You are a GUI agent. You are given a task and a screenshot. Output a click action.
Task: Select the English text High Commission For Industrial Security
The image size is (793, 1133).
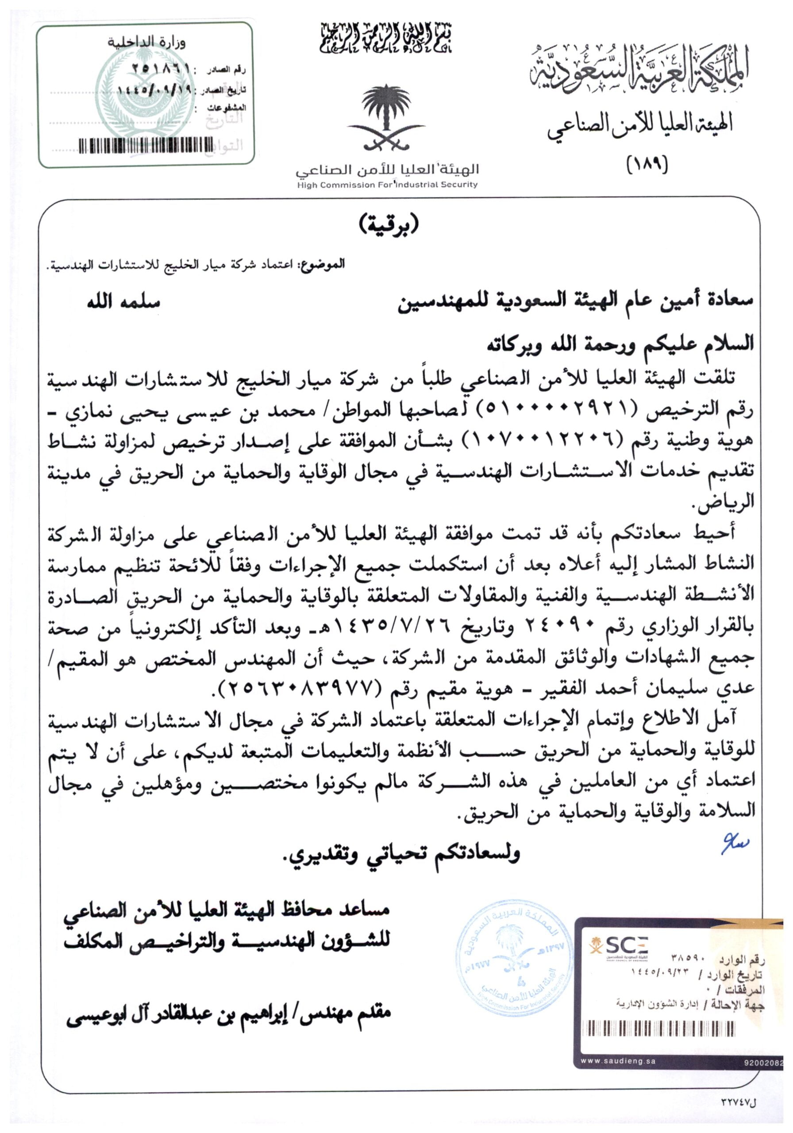[387, 185]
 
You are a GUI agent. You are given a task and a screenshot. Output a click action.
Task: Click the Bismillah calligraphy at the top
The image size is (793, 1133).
[386, 39]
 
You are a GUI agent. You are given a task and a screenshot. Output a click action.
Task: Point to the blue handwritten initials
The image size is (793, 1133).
[734, 845]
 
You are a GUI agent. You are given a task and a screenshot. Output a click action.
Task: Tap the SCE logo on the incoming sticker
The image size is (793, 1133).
[619, 946]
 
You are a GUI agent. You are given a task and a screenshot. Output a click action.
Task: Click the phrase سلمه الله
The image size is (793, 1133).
[123, 301]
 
